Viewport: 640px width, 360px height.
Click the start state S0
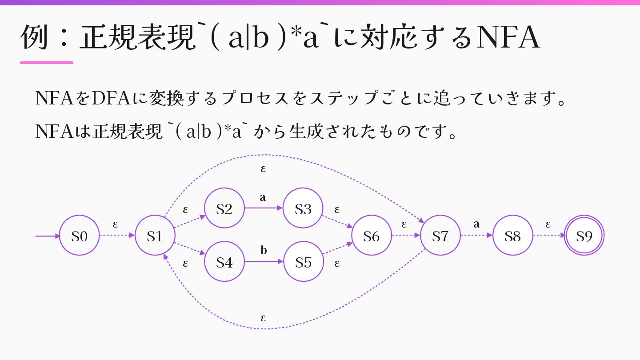coord(79,236)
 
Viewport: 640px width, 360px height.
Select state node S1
coord(155,236)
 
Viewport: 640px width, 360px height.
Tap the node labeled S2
coord(224,208)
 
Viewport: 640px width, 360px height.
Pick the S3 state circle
coord(303,208)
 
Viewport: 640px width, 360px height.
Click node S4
coord(224,262)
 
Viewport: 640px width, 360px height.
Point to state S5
coord(303,262)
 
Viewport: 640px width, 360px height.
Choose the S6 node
coord(371,236)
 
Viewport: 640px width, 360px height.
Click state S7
coord(440,236)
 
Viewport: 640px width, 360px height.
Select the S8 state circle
coord(512,236)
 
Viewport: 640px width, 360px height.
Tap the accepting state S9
coord(584,236)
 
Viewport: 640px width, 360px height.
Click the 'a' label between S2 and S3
coord(263,197)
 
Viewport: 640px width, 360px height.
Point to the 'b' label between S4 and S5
coord(264,251)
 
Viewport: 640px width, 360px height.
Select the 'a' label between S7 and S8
coord(476,224)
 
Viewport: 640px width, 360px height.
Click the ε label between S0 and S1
coord(115,224)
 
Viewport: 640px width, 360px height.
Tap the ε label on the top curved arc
coord(263,169)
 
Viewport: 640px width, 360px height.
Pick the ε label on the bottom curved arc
coord(263,318)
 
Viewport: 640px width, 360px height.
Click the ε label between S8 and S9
coord(548,224)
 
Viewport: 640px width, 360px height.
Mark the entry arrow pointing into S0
coord(47,236)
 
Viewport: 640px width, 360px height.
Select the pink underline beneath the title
coord(47,63)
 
